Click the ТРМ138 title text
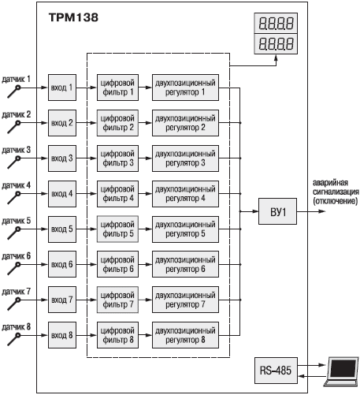(73, 17)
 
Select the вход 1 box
(62, 88)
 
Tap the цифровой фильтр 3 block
(117, 158)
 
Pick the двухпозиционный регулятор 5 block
(185, 229)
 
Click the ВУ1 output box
(278, 211)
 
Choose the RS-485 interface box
(276, 371)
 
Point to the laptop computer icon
(341, 371)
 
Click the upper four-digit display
(276, 23)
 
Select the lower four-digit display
(276, 44)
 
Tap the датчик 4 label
(17, 185)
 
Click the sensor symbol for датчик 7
(14, 304)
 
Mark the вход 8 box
(62, 335)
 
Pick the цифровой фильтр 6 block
(117, 264)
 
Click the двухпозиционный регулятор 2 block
(185, 123)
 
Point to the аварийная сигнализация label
(336, 192)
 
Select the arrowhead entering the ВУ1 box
(255, 211)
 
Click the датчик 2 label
(17, 114)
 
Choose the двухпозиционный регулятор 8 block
(185, 335)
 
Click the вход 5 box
(62, 229)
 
